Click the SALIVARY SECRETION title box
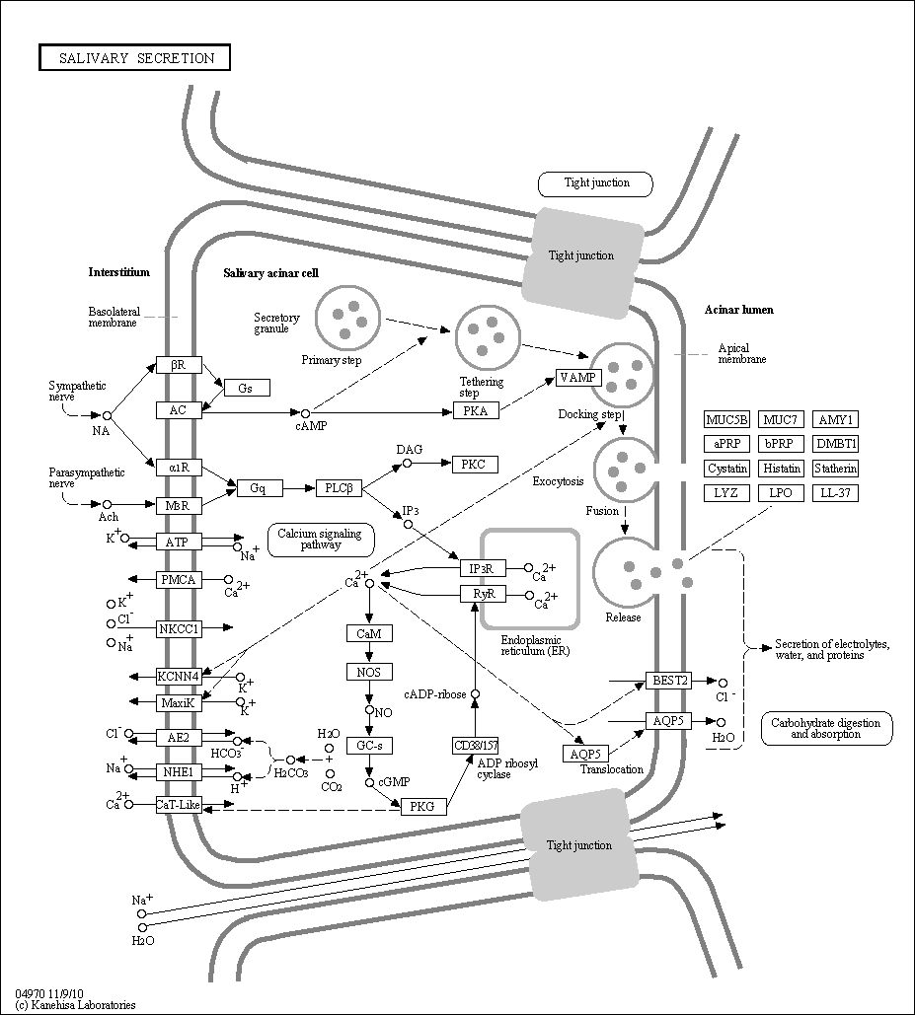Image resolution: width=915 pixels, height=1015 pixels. coord(134,57)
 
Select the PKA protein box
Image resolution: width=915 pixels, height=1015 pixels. coord(476,410)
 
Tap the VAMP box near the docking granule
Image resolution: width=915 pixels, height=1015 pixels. coord(579,378)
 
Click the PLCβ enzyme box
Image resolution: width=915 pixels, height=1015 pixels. coord(339,488)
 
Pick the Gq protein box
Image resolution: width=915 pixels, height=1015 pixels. coord(259,488)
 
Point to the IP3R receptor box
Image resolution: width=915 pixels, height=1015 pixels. coord(483,568)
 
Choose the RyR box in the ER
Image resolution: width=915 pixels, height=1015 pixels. coord(483,594)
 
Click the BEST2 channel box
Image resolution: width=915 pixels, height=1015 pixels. coord(668,681)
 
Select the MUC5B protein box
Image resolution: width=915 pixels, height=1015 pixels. coord(726,419)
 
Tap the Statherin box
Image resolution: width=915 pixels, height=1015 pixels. coord(836,468)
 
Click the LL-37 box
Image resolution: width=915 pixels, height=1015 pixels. coord(836,492)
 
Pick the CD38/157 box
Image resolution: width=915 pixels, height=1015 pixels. coord(476,746)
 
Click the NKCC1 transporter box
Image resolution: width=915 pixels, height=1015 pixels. coord(179,628)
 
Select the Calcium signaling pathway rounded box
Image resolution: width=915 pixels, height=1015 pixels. coord(321,540)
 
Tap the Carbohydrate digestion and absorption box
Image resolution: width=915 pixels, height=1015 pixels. coord(826,728)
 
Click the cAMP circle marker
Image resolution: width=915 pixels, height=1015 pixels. coord(306,413)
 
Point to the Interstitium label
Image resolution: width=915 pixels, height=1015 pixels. coord(119,272)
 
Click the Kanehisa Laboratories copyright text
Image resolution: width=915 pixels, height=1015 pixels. coord(75,1004)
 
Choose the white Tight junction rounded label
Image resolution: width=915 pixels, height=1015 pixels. coord(596,184)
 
